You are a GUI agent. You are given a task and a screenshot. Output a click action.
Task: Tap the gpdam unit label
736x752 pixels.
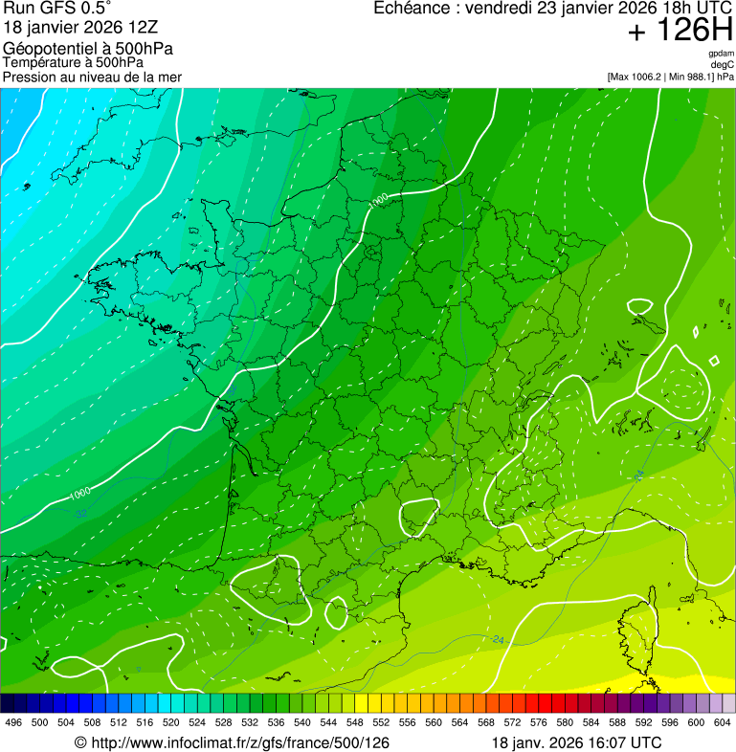[721, 55]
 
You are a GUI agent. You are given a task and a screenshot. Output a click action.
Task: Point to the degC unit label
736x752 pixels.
[723, 65]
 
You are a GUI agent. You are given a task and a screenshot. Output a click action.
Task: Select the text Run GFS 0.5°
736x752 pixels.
[58, 9]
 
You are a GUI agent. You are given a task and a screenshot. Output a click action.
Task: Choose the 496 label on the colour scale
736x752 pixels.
[13, 722]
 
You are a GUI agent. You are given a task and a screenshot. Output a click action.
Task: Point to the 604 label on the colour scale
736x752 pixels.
[722, 722]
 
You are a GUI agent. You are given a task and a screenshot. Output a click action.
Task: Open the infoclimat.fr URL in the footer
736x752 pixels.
[239, 742]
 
